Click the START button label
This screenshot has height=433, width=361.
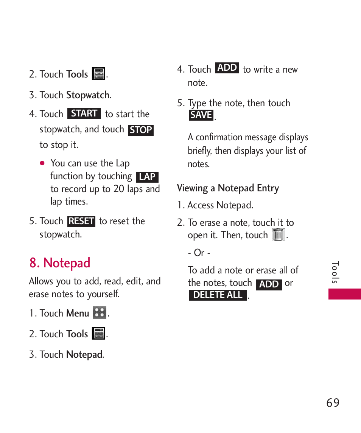coord(84,113)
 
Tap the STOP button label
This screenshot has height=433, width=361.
coord(141,130)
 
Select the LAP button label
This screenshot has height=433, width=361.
coord(147,177)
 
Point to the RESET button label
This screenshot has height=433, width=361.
coord(81,221)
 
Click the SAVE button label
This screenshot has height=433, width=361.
coord(201,115)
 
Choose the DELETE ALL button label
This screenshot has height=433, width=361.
coord(218,295)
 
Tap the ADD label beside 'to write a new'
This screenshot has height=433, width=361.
coord(227,68)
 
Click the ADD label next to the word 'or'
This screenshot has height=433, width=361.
coord(269,284)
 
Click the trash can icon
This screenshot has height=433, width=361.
coord(278,234)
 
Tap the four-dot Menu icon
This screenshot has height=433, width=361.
coord(100,313)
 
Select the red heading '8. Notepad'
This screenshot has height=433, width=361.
coord(60,263)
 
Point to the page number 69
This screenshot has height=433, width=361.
coord(333,403)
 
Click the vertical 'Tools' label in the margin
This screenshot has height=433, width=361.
coord(335,273)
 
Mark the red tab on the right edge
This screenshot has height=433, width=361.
coord(344,294)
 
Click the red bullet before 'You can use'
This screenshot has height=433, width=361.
coord(42,163)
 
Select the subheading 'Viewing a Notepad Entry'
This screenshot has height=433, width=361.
coord(228,188)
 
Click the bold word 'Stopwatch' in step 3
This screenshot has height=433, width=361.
coord(88,95)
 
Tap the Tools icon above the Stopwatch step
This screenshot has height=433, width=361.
coord(98,74)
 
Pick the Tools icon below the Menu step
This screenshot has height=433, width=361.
coord(98,334)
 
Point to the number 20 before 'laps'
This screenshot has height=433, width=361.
coord(119,189)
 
